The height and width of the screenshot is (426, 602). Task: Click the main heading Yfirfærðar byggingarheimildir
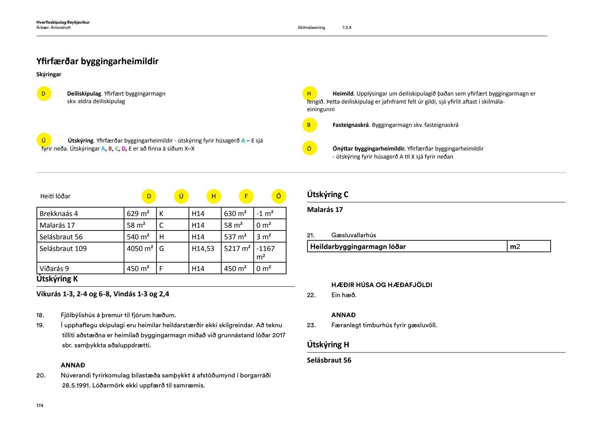[97, 61]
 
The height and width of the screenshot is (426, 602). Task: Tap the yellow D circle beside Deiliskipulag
[44, 94]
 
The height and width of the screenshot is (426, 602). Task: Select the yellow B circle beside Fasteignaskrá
[309, 125]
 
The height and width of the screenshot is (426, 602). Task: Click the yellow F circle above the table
[246, 196]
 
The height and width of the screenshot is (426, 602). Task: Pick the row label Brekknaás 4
[59, 214]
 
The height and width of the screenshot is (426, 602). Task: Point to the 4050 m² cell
[140, 249]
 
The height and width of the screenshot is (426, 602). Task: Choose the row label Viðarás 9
[54, 269]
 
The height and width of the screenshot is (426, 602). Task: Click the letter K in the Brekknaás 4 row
[161, 214]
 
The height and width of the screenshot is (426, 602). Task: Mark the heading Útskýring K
[57, 279]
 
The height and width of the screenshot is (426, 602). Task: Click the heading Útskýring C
[327, 195]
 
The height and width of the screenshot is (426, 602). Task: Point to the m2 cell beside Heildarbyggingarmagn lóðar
[515, 247]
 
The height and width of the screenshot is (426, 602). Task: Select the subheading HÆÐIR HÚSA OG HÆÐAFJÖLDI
[381, 285]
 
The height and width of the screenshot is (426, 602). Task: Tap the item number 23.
[311, 325]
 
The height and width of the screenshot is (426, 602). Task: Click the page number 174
[40, 406]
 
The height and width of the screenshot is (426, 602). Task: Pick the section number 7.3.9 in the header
[347, 28]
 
